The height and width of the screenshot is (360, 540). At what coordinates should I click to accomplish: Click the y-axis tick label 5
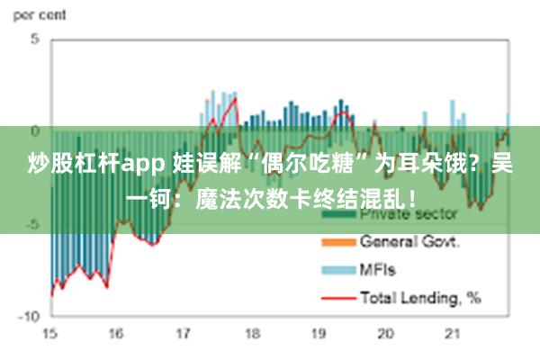[35, 40]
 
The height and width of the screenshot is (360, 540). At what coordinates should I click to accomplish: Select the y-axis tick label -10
[29, 317]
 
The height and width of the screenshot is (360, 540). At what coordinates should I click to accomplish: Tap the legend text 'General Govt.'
[409, 242]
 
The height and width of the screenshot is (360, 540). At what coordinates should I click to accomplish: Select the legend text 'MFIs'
[378, 268]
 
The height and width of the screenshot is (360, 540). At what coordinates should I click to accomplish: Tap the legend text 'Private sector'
[409, 215]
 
